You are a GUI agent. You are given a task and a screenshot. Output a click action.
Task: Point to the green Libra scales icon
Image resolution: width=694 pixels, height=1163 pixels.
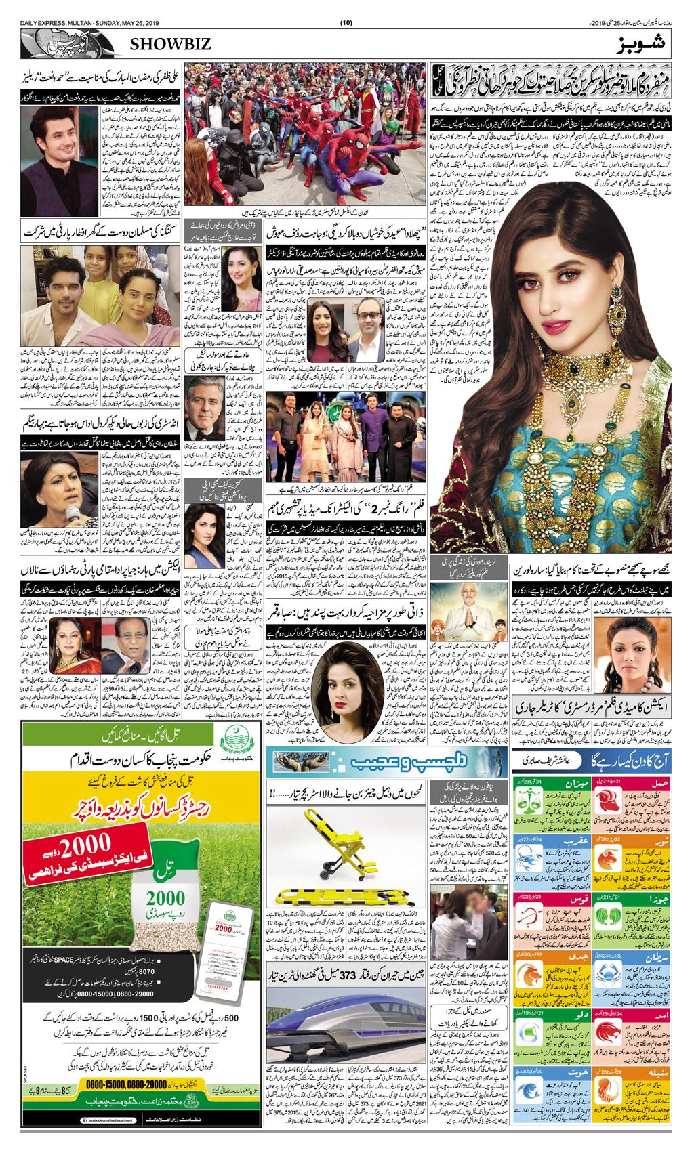(529, 810)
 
